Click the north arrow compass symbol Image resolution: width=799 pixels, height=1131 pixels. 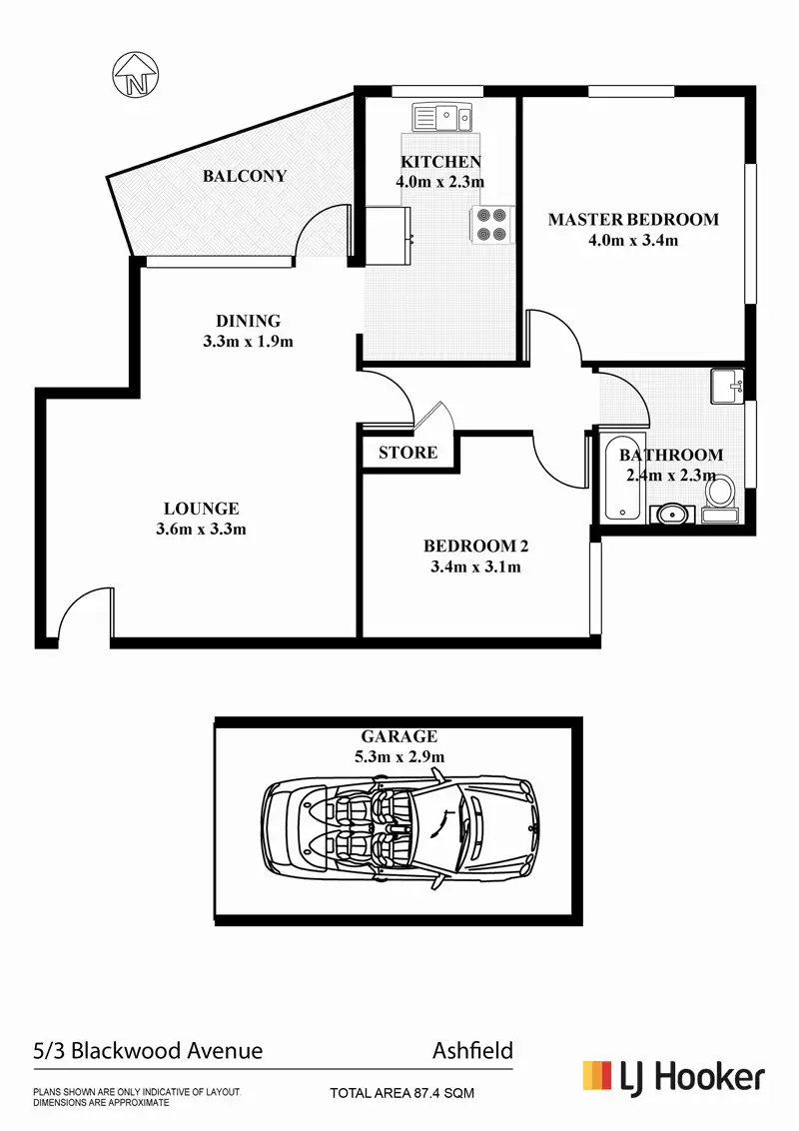(135, 76)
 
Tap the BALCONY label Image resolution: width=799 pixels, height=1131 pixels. (245, 176)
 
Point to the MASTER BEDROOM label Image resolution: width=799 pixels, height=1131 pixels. (633, 220)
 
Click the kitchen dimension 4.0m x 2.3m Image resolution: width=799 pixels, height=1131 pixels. (440, 182)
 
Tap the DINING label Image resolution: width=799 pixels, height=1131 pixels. (249, 321)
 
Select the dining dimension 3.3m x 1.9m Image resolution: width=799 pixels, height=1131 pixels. (249, 341)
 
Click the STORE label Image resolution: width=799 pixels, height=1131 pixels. (407, 453)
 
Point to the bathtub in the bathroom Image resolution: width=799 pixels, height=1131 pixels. (624, 477)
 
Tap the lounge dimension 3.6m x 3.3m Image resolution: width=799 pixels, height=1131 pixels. (201, 529)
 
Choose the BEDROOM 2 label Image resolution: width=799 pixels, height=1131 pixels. (475, 546)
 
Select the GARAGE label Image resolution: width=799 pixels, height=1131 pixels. (399, 736)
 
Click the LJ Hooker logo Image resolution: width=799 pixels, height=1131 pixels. (674, 1076)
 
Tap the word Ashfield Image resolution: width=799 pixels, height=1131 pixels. (472, 1050)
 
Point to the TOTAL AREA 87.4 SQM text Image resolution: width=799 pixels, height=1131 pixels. (402, 1094)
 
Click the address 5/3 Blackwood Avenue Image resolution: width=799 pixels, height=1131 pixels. (148, 1050)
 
